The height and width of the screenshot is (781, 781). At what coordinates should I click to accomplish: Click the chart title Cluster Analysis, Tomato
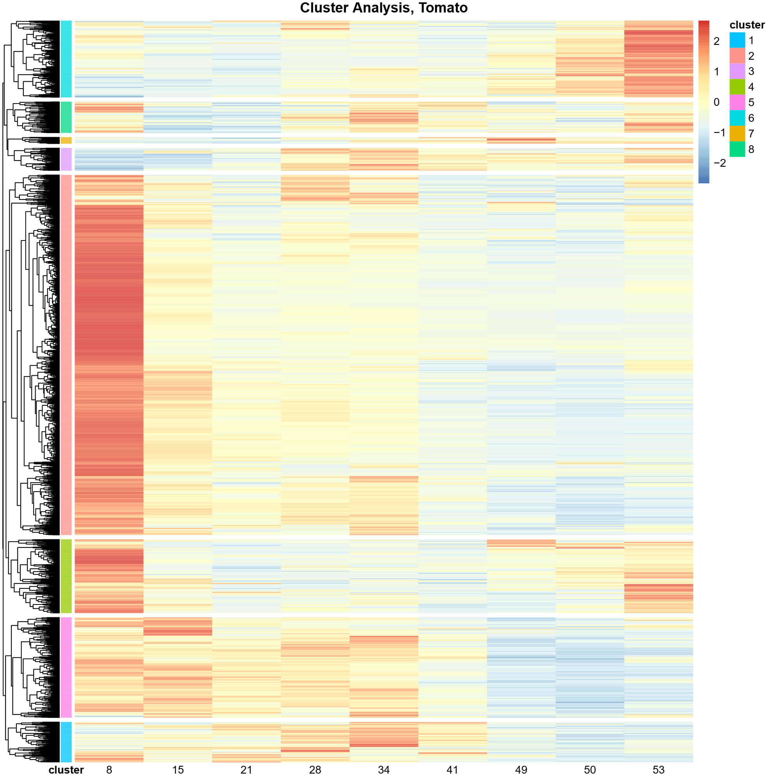point(383,8)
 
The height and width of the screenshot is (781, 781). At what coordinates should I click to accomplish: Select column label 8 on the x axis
point(109,770)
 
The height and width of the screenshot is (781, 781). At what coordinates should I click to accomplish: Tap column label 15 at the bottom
point(178,770)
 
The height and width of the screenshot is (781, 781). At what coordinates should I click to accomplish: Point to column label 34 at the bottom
point(383,770)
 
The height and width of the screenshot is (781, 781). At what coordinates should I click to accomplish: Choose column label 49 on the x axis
point(521,770)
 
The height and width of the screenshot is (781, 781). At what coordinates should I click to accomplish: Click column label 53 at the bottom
point(658,770)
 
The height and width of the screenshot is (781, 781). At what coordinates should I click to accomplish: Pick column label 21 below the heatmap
point(246,770)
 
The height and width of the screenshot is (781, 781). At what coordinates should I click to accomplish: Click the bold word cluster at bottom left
point(66,770)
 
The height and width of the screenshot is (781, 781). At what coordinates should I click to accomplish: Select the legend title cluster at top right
point(747,25)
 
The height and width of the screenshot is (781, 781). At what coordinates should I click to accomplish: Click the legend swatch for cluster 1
point(737,41)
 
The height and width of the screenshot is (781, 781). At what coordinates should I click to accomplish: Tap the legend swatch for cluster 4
point(737,87)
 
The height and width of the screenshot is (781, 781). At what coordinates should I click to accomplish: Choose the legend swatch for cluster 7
point(737,134)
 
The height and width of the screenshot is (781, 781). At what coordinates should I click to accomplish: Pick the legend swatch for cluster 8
point(737,149)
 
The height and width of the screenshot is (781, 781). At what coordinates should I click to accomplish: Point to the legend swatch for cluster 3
point(737,71)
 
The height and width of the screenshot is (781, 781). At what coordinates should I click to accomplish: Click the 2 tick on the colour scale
point(716,41)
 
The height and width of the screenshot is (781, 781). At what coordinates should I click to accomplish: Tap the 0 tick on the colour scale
point(716,102)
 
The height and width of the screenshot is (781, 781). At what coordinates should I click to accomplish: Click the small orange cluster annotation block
point(66,140)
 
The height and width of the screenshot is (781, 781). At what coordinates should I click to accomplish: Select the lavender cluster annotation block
point(66,159)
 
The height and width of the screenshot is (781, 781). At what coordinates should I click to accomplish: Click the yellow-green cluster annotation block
point(66,576)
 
